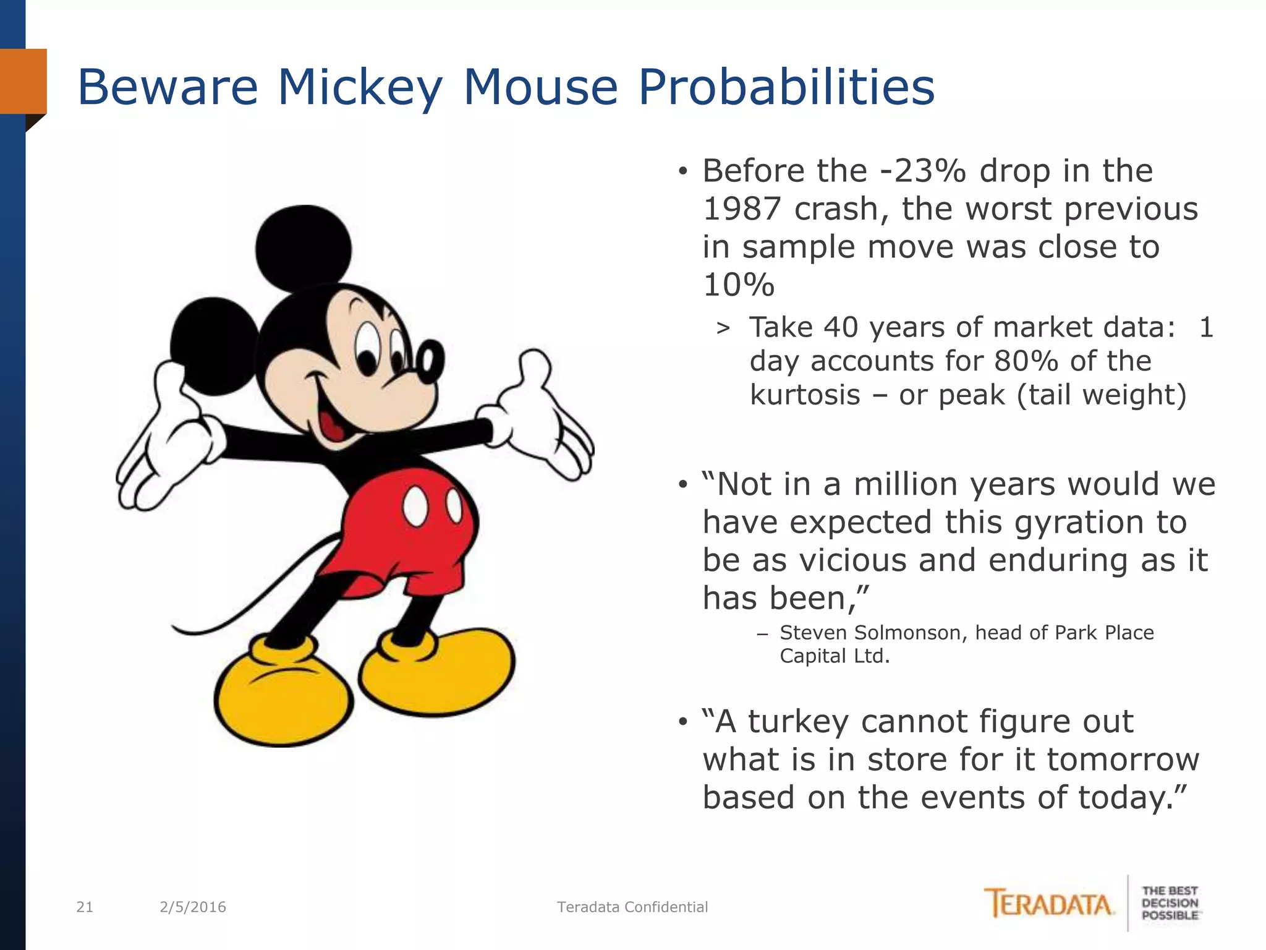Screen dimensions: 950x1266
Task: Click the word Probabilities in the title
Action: pyautogui.click(x=786, y=88)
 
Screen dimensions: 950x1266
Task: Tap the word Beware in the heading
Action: pyautogui.click(x=168, y=88)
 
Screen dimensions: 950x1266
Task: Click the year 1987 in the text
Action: pyautogui.click(x=742, y=209)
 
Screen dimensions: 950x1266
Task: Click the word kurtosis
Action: pyautogui.click(x=804, y=395)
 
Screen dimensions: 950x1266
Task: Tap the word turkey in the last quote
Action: pyautogui.click(x=798, y=722)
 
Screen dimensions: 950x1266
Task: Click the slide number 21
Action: pyautogui.click(x=85, y=907)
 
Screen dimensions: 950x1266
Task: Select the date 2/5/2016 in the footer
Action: pyautogui.click(x=193, y=907)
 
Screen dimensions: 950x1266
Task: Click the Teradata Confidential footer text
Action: pyautogui.click(x=632, y=907)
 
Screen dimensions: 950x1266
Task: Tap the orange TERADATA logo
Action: pyautogui.click(x=1048, y=904)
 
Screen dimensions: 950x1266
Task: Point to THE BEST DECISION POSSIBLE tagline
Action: pyautogui.click(x=1170, y=904)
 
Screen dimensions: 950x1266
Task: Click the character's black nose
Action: pyautogui.click(x=430, y=359)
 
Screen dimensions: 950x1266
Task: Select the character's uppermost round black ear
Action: pyautogui.click(x=303, y=249)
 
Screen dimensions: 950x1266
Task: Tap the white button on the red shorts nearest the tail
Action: pyautogui.click(x=415, y=505)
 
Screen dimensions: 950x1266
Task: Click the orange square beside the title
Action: pyautogui.click(x=23, y=81)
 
